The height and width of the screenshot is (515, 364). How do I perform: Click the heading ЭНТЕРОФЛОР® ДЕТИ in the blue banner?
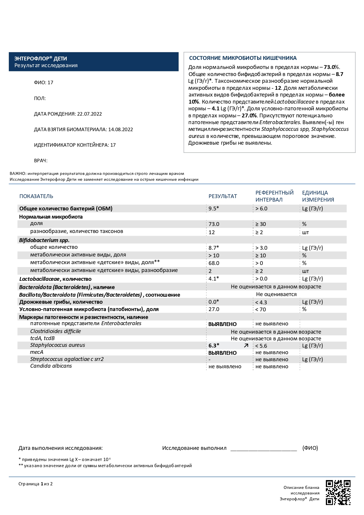(x=41, y=59)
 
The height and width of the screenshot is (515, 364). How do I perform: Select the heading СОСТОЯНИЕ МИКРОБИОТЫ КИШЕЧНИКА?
(x=243, y=58)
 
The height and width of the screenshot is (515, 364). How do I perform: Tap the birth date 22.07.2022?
(x=89, y=114)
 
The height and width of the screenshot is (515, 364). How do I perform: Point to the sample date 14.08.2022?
(x=121, y=129)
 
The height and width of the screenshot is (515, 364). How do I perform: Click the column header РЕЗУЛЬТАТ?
(x=223, y=196)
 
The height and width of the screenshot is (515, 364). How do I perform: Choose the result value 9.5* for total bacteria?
(x=214, y=209)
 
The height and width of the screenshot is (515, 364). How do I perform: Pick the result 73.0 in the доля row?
(x=214, y=224)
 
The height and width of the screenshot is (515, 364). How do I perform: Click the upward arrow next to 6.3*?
(x=246, y=346)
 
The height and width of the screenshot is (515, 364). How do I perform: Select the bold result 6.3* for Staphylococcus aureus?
(x=214, y=346)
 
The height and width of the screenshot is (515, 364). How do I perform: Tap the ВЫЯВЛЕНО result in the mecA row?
(x=222, y=353)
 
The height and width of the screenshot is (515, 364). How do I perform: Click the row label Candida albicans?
(x=51, y=366)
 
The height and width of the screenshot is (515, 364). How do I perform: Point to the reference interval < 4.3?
(x=261, y=302)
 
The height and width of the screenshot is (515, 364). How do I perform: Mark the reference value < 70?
(x=260, y=309)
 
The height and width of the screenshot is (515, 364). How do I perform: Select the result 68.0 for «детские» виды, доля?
(x=214, y=263)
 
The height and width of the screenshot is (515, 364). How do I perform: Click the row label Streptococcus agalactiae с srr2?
(x=67, y=359)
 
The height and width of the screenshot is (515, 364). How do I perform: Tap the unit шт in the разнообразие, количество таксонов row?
(x=305, y=232)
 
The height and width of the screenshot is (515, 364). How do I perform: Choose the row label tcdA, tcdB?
(x=42, y=338)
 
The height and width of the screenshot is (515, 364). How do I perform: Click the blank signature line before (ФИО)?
(x=263, y=449)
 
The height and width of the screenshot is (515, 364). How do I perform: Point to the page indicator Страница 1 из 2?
(x=35, y=484)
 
